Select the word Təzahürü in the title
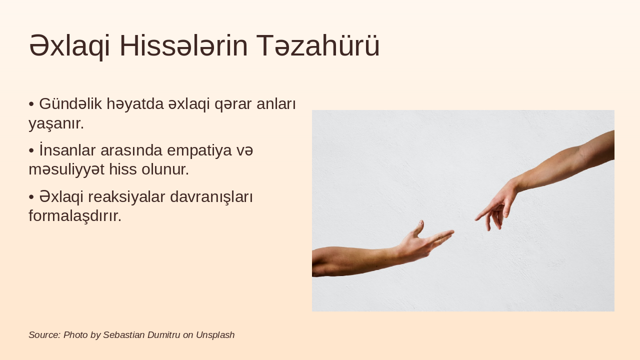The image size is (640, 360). click(318, 46)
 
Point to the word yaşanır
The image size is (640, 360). click(56, 123)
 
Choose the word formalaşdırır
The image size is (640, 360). click(75, 216)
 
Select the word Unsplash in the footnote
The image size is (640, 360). click(215, 335)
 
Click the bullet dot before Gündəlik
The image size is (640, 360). click(31, 104)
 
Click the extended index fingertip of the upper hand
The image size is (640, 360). click(476, 219)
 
